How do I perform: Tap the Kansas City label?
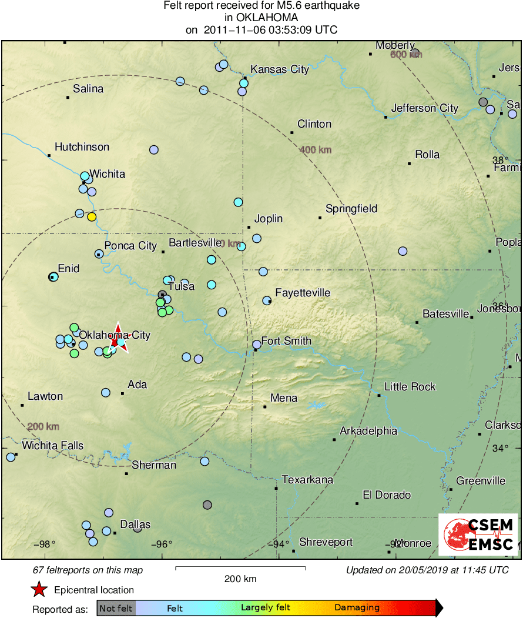tap(280, 69)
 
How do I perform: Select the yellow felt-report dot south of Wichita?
tap(92, 216)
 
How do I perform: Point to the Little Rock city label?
tap(410, 386)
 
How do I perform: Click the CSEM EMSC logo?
tap(478, 535)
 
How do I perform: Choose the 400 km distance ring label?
tap(316, 150)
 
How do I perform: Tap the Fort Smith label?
tap(286, 341)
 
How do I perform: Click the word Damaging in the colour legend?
tap(357, 607)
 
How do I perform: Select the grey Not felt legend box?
tap(116, 608)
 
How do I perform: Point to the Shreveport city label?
tap(326, 542)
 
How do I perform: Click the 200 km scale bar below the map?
tap(240, 568)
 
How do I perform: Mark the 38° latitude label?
tap(500, 160)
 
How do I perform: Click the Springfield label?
tap(351, 209)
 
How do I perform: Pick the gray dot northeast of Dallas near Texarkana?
tap(207, 505)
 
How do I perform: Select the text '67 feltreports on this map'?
tap(88, 570)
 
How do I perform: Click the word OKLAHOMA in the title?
tap(261, 18)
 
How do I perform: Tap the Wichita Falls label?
tap(53, 446)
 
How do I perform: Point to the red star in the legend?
tap(39, 590)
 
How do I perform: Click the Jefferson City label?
tap(425, 108)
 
